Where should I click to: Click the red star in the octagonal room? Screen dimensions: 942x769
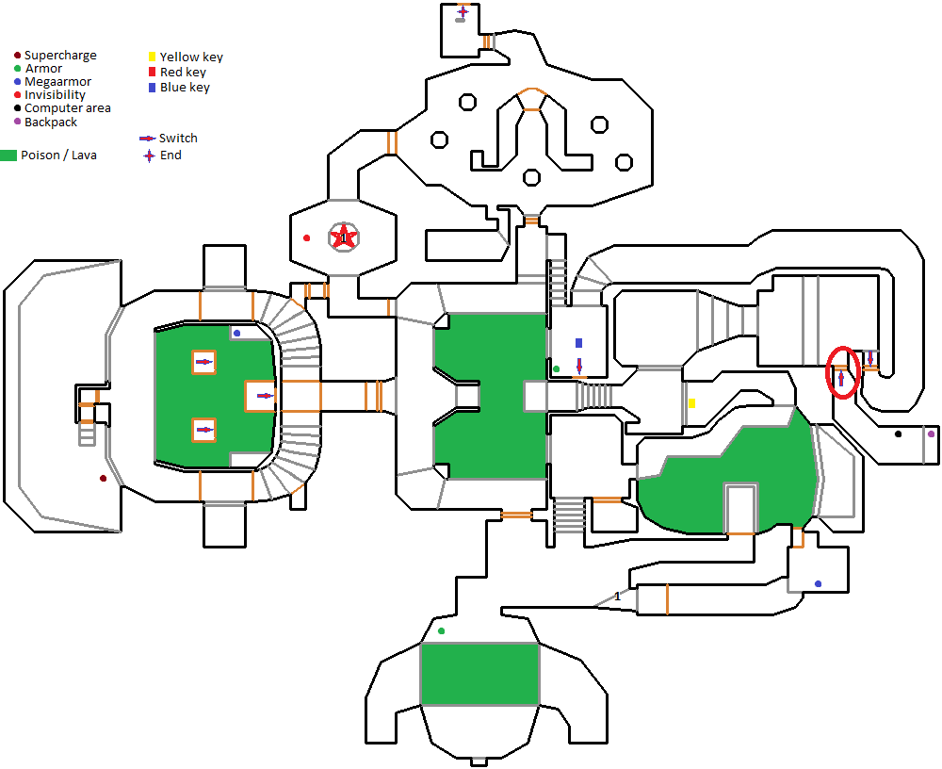(x=343, y=237)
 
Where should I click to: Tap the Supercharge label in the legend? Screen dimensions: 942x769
(x=60, y=56)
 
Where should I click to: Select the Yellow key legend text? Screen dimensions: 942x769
(x=191, y=57)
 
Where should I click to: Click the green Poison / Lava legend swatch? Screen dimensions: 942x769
(x=8, y=155)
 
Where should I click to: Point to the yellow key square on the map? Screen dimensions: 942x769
(x=692, y=402)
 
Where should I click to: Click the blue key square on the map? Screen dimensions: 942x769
(x=579, y=343)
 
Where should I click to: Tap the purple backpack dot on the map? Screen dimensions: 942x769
(x=932, y=434)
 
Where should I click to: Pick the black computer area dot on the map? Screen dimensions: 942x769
(x=898, y=434)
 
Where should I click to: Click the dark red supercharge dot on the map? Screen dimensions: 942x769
(x=104, y=479)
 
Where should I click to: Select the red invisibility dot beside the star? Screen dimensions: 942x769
(x=306, y=238)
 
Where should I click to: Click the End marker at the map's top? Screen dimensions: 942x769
(x=463, y=11)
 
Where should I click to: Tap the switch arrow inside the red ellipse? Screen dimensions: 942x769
(x=841, y=378)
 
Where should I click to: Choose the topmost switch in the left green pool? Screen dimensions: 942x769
(x=204, y=362)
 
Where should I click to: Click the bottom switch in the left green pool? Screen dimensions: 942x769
(x=204, y=430)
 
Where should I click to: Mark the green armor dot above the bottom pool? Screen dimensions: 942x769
(x=442, y=630)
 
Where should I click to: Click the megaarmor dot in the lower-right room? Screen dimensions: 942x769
(x=818, y=583)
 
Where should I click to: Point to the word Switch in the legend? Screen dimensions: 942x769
(x=178, y=139)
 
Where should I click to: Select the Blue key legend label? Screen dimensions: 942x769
(x=185, y=88)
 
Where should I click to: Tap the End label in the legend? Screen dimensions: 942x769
(x=171, y=155)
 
